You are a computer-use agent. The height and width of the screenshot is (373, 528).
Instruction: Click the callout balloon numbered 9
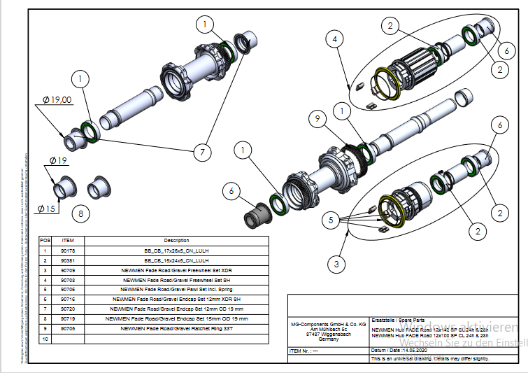[318, 120]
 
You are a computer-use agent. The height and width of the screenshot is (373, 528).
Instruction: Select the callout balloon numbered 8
[81, 212]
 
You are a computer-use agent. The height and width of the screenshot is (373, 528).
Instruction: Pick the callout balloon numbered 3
[336, 264]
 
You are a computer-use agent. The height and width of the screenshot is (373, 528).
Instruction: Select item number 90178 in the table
[68, 250]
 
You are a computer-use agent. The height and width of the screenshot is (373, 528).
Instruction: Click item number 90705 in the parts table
[68, 328]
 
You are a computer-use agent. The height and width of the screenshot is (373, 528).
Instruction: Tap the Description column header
[176, 240]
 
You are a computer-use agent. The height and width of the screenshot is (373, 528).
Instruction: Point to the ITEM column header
[68, 240]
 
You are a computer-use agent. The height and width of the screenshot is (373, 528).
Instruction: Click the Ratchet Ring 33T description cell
[176, 328]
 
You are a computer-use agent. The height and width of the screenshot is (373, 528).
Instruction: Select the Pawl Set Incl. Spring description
[176, 288]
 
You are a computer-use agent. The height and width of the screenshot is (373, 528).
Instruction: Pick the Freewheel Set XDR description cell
[176, 269]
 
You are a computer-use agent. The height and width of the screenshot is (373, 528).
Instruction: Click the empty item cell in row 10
[68, 337]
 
